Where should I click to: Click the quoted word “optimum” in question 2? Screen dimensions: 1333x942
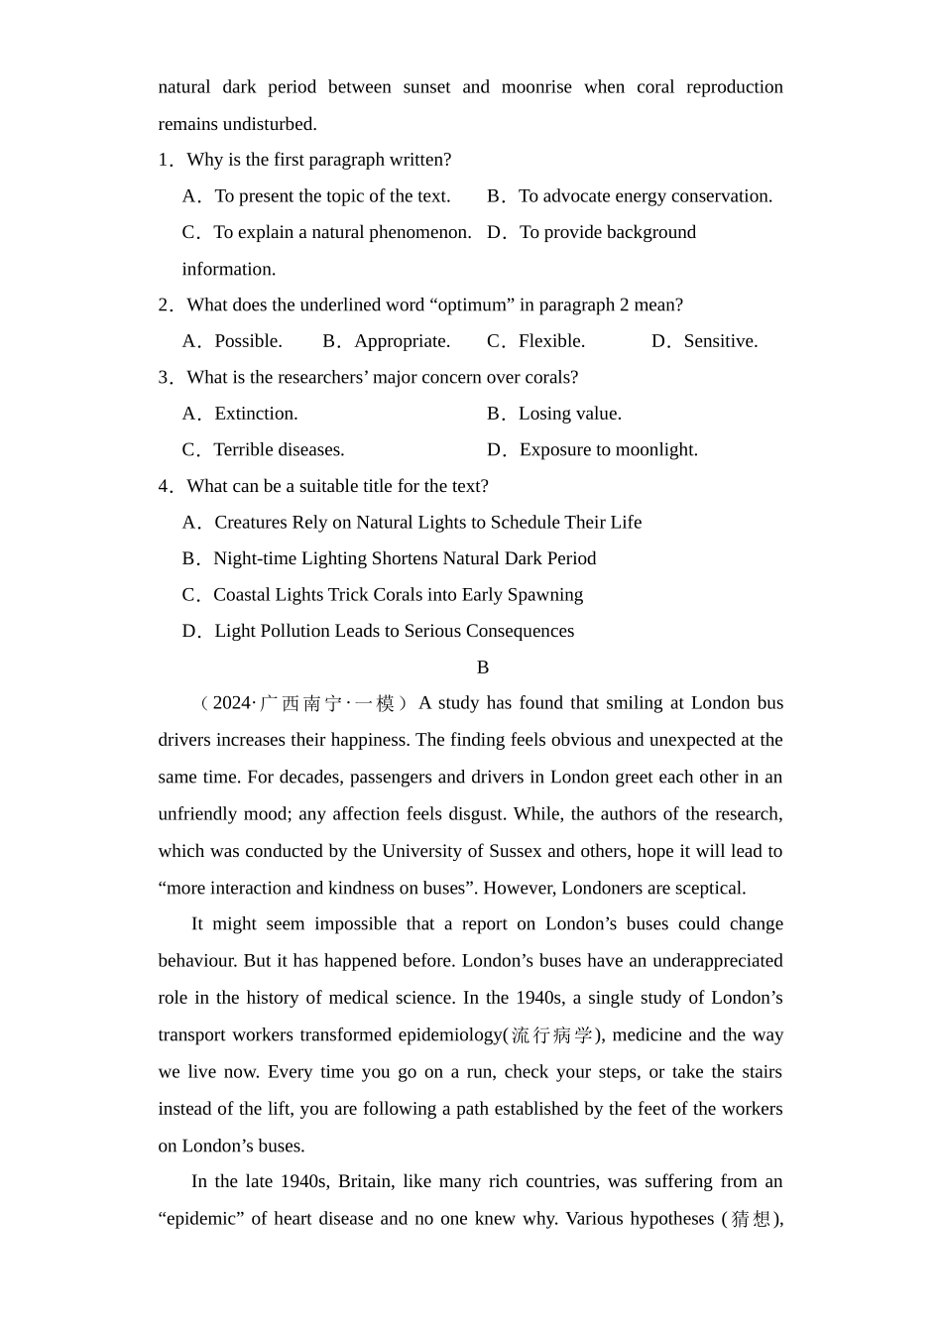(472, 305)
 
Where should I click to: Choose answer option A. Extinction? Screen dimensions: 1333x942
(240, 414)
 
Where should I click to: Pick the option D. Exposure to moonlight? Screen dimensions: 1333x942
(592, 450)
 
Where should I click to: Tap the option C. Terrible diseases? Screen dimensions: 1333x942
(264, 450)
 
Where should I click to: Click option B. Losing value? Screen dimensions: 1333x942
(554, 414)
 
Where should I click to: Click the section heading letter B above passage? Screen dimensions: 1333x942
(483, 667)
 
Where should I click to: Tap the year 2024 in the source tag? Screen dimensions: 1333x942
(232, 704)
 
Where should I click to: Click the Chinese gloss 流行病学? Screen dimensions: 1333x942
(551, 1035)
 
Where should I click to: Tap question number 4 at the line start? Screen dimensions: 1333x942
(166, 487)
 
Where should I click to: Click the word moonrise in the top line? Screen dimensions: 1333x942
(536, 87)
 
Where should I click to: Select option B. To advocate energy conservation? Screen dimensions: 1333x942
(630, 196)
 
